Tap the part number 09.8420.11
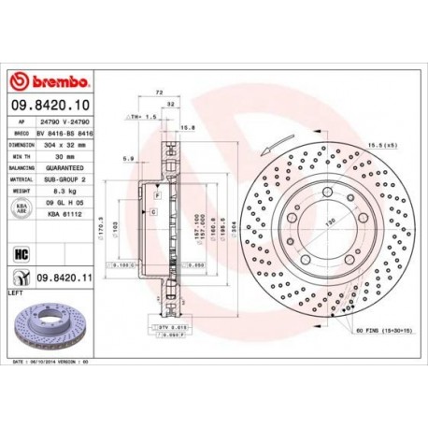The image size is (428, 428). pyautogui.click(x=64, y=277)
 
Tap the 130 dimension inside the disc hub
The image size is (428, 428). pyautogui.click(x=329, y=225)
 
